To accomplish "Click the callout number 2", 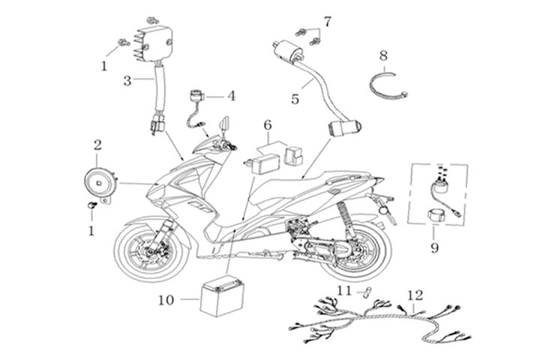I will coord(97,143).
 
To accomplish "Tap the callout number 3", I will coord(127,80).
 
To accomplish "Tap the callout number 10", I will coord(166,300).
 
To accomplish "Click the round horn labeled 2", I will coord(97,180).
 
